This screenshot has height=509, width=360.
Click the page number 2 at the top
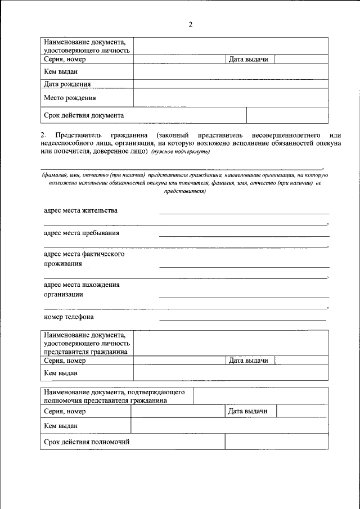(190, 24)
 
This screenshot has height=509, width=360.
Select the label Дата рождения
(67, 84)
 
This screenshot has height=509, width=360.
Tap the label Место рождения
(70, 98)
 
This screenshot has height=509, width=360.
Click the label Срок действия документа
(84, 115)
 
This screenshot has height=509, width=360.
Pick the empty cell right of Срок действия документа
(287, 115)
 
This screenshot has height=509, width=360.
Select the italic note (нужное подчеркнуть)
(180, 152)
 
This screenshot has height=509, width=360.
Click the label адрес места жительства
(81, 210)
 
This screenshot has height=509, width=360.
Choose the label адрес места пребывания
(82, 233)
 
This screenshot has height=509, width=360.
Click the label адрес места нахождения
(82, 285)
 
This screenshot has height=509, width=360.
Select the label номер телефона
(69, 317)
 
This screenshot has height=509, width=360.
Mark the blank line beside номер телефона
(243, 319)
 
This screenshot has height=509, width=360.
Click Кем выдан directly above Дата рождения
(61, 71)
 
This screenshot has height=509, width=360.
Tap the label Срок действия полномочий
(87, 442)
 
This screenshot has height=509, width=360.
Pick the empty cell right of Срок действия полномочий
(276, 442)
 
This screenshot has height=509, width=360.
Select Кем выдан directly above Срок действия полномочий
(61, 426)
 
